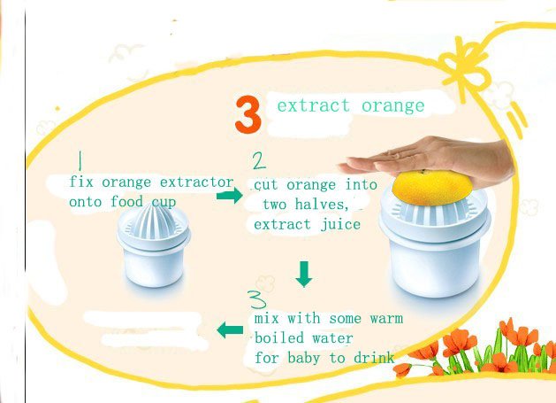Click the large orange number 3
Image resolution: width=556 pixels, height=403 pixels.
(248, 114)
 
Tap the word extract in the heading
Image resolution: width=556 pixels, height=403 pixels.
(313, 105)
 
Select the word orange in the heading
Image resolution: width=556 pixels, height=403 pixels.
(392, 106)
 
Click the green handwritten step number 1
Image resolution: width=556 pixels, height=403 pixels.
(80, 160)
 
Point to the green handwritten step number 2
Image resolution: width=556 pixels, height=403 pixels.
(259, 160)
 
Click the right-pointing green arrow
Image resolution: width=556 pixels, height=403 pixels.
(230, 195)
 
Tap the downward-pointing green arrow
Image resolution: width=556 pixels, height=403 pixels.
(304, 274)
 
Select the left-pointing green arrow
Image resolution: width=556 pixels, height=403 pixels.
(230, 330)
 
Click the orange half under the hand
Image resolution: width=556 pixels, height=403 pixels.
(432, 187)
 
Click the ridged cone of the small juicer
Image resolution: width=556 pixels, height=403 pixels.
(154, 221)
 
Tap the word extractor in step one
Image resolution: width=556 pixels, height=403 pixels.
(196, 182)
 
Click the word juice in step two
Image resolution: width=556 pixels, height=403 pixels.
(340, 225)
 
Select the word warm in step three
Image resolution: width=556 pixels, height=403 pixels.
(386, 319)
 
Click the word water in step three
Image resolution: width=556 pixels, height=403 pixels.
(332, 338)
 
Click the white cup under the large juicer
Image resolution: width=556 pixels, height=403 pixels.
(436, 266)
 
